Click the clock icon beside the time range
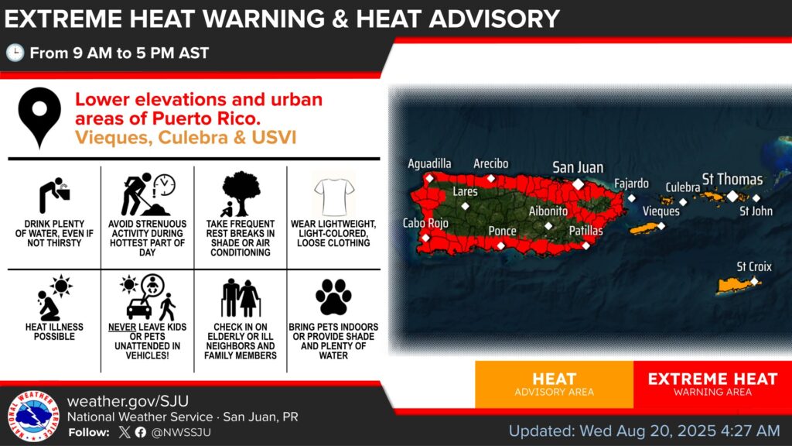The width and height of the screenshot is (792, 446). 15,53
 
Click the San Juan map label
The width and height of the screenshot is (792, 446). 578,167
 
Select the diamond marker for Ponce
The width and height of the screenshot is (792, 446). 500,245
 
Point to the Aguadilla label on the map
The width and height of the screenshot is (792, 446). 429,163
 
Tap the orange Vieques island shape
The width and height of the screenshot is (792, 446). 647,228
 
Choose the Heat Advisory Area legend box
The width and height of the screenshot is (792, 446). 554,384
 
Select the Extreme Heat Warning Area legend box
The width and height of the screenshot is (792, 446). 712,384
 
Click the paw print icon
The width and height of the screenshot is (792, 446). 333,297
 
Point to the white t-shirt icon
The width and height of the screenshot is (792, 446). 334,196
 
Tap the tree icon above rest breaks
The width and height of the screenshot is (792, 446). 241,193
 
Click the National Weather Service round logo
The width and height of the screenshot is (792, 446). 33,416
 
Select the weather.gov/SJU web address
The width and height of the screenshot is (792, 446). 128,401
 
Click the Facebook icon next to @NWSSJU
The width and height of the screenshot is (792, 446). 141,432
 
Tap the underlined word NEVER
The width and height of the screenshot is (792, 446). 121,328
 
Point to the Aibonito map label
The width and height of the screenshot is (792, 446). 548,211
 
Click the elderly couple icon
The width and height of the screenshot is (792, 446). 241,298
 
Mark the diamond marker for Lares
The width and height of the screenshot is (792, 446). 465,206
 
